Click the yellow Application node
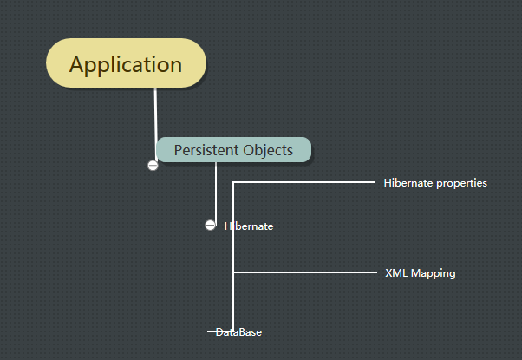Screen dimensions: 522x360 tap(127, 63)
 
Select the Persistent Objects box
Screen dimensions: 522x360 tap(234, 150)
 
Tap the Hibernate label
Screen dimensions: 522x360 tap(249, 226)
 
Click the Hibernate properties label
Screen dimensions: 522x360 tap(435, 183)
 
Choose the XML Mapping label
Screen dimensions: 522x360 tap(421, 273)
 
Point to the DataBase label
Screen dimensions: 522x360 tap(238, 332)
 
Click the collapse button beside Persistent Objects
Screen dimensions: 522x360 tap(153, 165)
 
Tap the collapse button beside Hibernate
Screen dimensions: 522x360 tap(210, 226)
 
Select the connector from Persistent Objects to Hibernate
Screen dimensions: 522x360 tap(216, 193)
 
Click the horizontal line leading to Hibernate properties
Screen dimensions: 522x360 tap(304, 182)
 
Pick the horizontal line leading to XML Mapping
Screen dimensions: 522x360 tap(305, 272)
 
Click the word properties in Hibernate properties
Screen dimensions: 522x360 tap(461, 183)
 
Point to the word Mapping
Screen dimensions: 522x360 tap(433, 273)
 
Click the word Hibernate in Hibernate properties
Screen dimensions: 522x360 tap(408, 182)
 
